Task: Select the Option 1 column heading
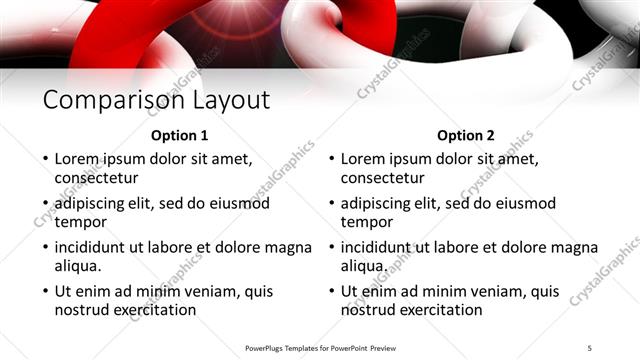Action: coord(179,136)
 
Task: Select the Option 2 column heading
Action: coord(466,136)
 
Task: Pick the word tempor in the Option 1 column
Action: coord(80,222)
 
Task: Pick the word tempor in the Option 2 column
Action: coord(366,222)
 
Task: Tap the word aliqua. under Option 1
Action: coord(79,266)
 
